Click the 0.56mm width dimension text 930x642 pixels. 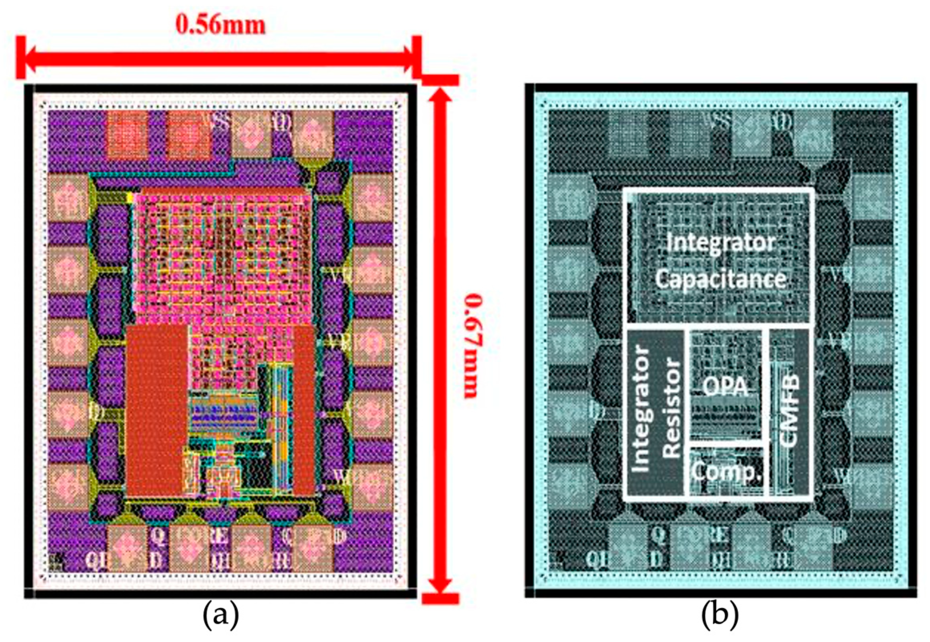pos(220,25)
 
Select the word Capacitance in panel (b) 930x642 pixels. pos(720,279)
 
